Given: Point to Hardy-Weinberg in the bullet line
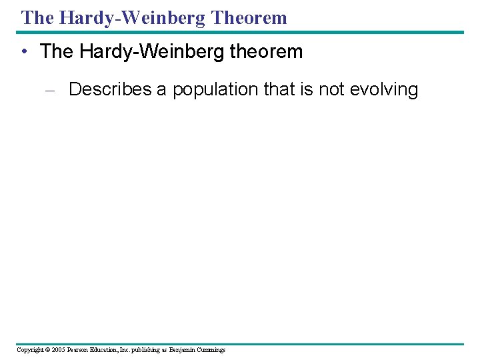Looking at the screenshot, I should pos(147,52).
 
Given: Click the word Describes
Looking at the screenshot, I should pos(110,89).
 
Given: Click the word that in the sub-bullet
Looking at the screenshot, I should pos(279,89).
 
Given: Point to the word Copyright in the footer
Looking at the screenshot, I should pos(29,350).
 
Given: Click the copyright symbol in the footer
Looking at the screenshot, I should pos(45,350).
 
